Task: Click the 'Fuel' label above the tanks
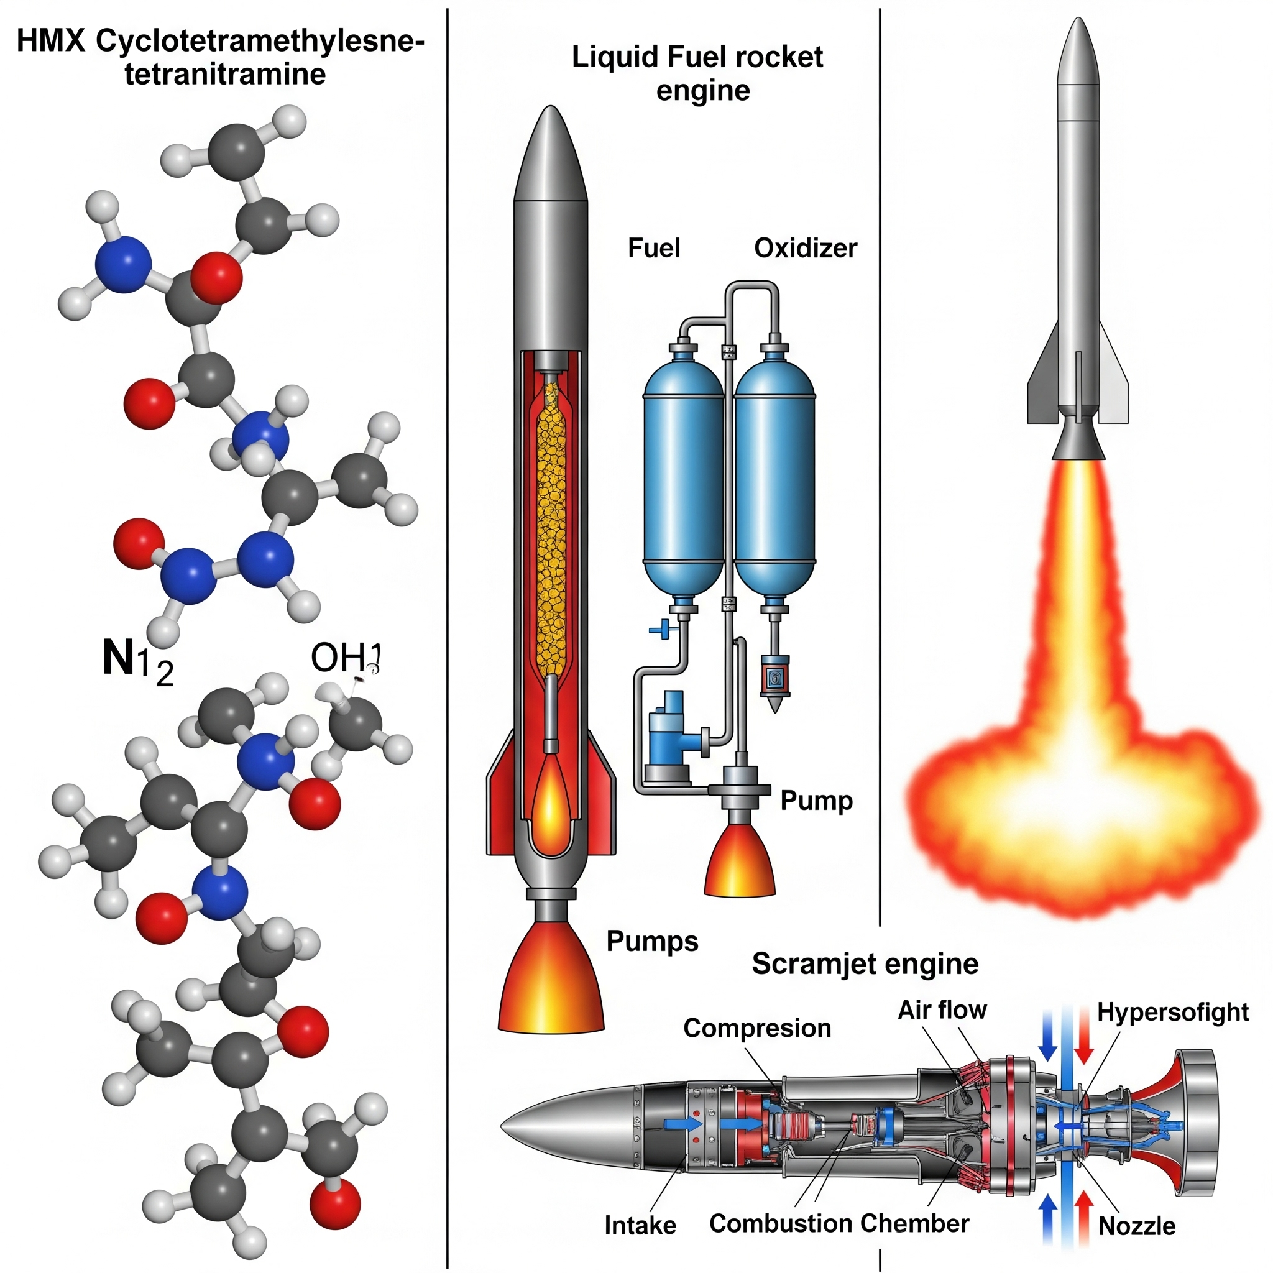point(653,249)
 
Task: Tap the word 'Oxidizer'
point(805,249)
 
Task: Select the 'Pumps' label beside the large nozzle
point(651,941)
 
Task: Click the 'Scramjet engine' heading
point(865,964)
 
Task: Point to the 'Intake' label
point(640,1225)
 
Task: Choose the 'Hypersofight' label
point(1172,1012)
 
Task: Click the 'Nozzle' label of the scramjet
point(1137,1226)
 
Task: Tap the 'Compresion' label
point(756,1028)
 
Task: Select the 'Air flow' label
point(942,1009)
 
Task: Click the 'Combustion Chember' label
point(839,1223)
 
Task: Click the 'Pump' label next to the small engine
point(816,801)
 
